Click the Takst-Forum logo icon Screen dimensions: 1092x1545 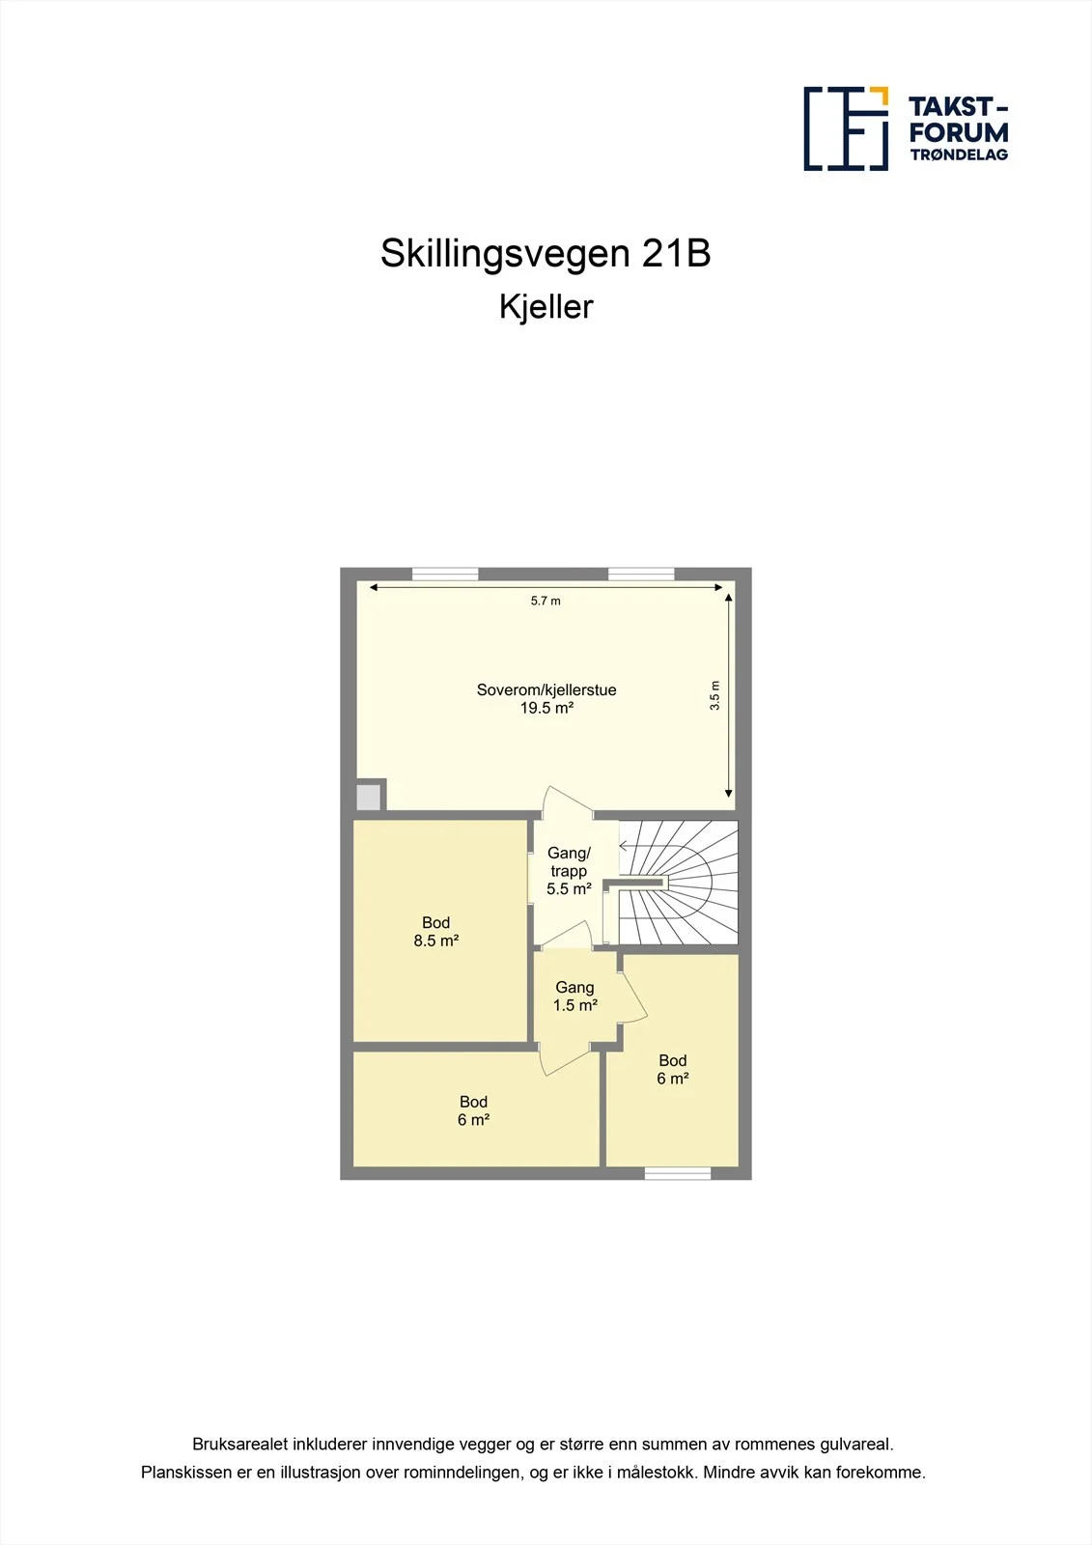tap(846, 128)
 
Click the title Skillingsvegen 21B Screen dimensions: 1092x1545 tap(546, 254)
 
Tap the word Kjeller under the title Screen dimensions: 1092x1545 tap(546, 308)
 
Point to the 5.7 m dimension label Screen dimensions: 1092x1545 tap(546, 601)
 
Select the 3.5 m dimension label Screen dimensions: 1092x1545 tap(714, 695)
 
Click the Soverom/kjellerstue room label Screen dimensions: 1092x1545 tap(546, 689)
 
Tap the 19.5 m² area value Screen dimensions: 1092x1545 tap(547, 708)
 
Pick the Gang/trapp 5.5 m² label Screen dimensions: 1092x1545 tap(569, 871)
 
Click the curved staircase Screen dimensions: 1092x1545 tap(679, 883)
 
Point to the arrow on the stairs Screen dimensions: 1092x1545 tap(634, 846)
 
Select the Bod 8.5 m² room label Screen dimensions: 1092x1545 tap(436, 931)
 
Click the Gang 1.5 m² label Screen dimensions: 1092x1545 tap(574, 996)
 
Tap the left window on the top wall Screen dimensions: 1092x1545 tap(445, 574)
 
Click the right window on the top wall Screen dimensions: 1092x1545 tap(641, 574)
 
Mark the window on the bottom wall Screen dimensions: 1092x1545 tap(678, 1173)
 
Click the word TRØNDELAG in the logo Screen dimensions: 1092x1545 tap(959, 154)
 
